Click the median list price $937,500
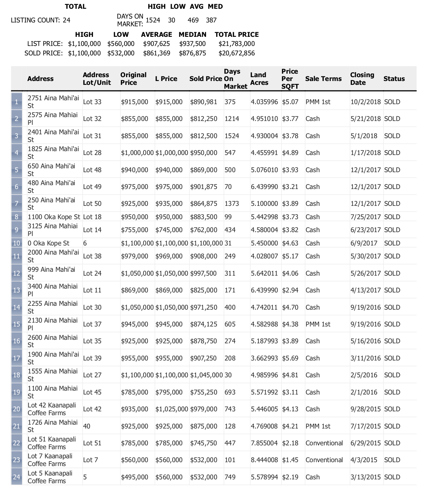pos(192,44)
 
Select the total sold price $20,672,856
pos(237,53)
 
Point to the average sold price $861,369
pos(157,53)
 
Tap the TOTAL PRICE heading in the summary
pos(237,34)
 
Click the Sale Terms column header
pos(323,79)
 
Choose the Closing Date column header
pos(362,79)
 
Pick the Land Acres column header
pos(259,79)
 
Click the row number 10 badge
pos(16,243)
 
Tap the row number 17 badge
pos(16,358)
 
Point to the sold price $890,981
pos(204,102)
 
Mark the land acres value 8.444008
pos(264,460)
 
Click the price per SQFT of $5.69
pos(290,358)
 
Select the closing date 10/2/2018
pos(365,102)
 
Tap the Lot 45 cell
pos(92,392)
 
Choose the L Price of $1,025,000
pos(172,409)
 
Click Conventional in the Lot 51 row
pos(324,443)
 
